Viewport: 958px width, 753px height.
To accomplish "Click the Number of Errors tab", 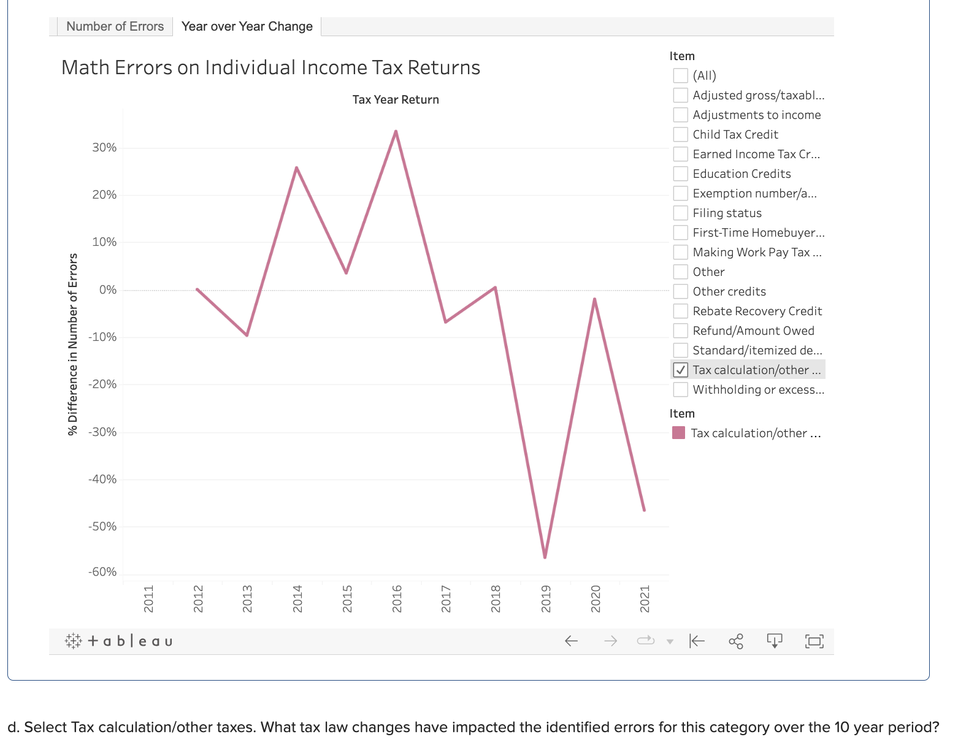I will tap(115, 26).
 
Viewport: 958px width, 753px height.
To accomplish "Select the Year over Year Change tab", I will tap(247, 26).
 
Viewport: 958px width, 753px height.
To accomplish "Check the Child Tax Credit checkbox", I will tap(680, 134).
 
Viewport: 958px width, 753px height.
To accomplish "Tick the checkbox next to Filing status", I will tap(680, 213).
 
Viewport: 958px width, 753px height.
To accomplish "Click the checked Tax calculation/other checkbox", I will tap(680, 370).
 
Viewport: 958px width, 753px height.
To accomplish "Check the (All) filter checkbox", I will tap(680, 75).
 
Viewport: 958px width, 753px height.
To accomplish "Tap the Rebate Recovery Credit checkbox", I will tap(680, 311).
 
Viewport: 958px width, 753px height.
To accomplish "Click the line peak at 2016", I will tap(396, 131).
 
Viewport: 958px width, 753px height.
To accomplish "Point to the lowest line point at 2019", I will tap(545, 557).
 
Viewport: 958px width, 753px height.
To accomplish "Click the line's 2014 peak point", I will tap(296, 167).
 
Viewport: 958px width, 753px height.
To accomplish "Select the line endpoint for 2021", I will tap(644, 510).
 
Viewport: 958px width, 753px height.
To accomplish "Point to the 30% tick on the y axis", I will tap(104, 147).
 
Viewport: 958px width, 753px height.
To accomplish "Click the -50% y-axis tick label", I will tap(102, 526).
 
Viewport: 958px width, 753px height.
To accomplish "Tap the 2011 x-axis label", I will tap(148, 598).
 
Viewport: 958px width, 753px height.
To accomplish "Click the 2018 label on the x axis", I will tap(496, 598).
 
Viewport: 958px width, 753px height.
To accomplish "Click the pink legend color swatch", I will tap(678, 433).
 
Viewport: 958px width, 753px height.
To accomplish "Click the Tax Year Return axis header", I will tap(396, 99).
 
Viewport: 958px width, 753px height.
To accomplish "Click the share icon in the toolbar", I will tap(735, 641).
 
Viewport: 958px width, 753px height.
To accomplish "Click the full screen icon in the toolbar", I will tap(814, 641).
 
